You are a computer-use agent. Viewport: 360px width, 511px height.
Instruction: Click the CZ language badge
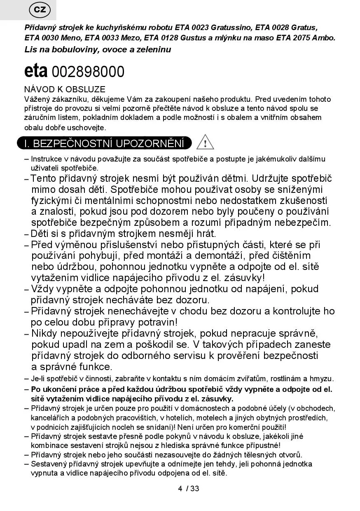pos(40,10)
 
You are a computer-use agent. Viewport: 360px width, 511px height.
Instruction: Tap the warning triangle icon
pos(205,143)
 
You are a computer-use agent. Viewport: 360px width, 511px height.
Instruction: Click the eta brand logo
pos(36,71)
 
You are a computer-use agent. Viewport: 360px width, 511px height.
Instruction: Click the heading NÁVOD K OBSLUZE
pos(65,89)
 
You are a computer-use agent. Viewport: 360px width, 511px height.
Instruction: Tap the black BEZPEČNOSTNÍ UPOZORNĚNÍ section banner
pos(104,143)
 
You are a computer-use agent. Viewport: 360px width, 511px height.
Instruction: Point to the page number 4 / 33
pos(189,489)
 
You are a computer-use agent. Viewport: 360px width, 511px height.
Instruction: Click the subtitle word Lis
pos(31,49)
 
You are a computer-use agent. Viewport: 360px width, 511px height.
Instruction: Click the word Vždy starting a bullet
pos(42,289)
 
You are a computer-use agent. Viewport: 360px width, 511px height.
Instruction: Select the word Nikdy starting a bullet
pos(44,333)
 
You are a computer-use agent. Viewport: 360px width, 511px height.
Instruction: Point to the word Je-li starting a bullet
pos(38,379)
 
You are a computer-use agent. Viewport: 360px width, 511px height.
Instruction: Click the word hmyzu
pos(324,379)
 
